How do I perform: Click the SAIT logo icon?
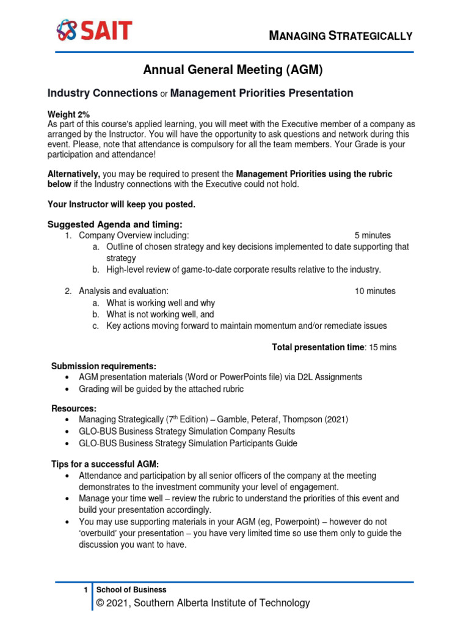(x=68, y=29)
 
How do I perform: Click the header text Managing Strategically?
(x=341, y=35)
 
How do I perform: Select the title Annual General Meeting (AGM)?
(x=232, y=70)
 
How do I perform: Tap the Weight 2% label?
(x=68, y=114)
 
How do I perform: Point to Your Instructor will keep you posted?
(x=122, y=204)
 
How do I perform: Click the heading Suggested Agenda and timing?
(x=115, y=224)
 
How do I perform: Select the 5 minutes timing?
(x=373, y=235)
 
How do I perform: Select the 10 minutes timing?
(x=375, y=291)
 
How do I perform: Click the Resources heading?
(x=73, y=408)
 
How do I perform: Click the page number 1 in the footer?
(x=85, y=590)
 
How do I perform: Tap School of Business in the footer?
(x=131, y=590)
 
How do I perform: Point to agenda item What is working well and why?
(x=161, y=303)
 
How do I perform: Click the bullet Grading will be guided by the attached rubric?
(x=161, y=389)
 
